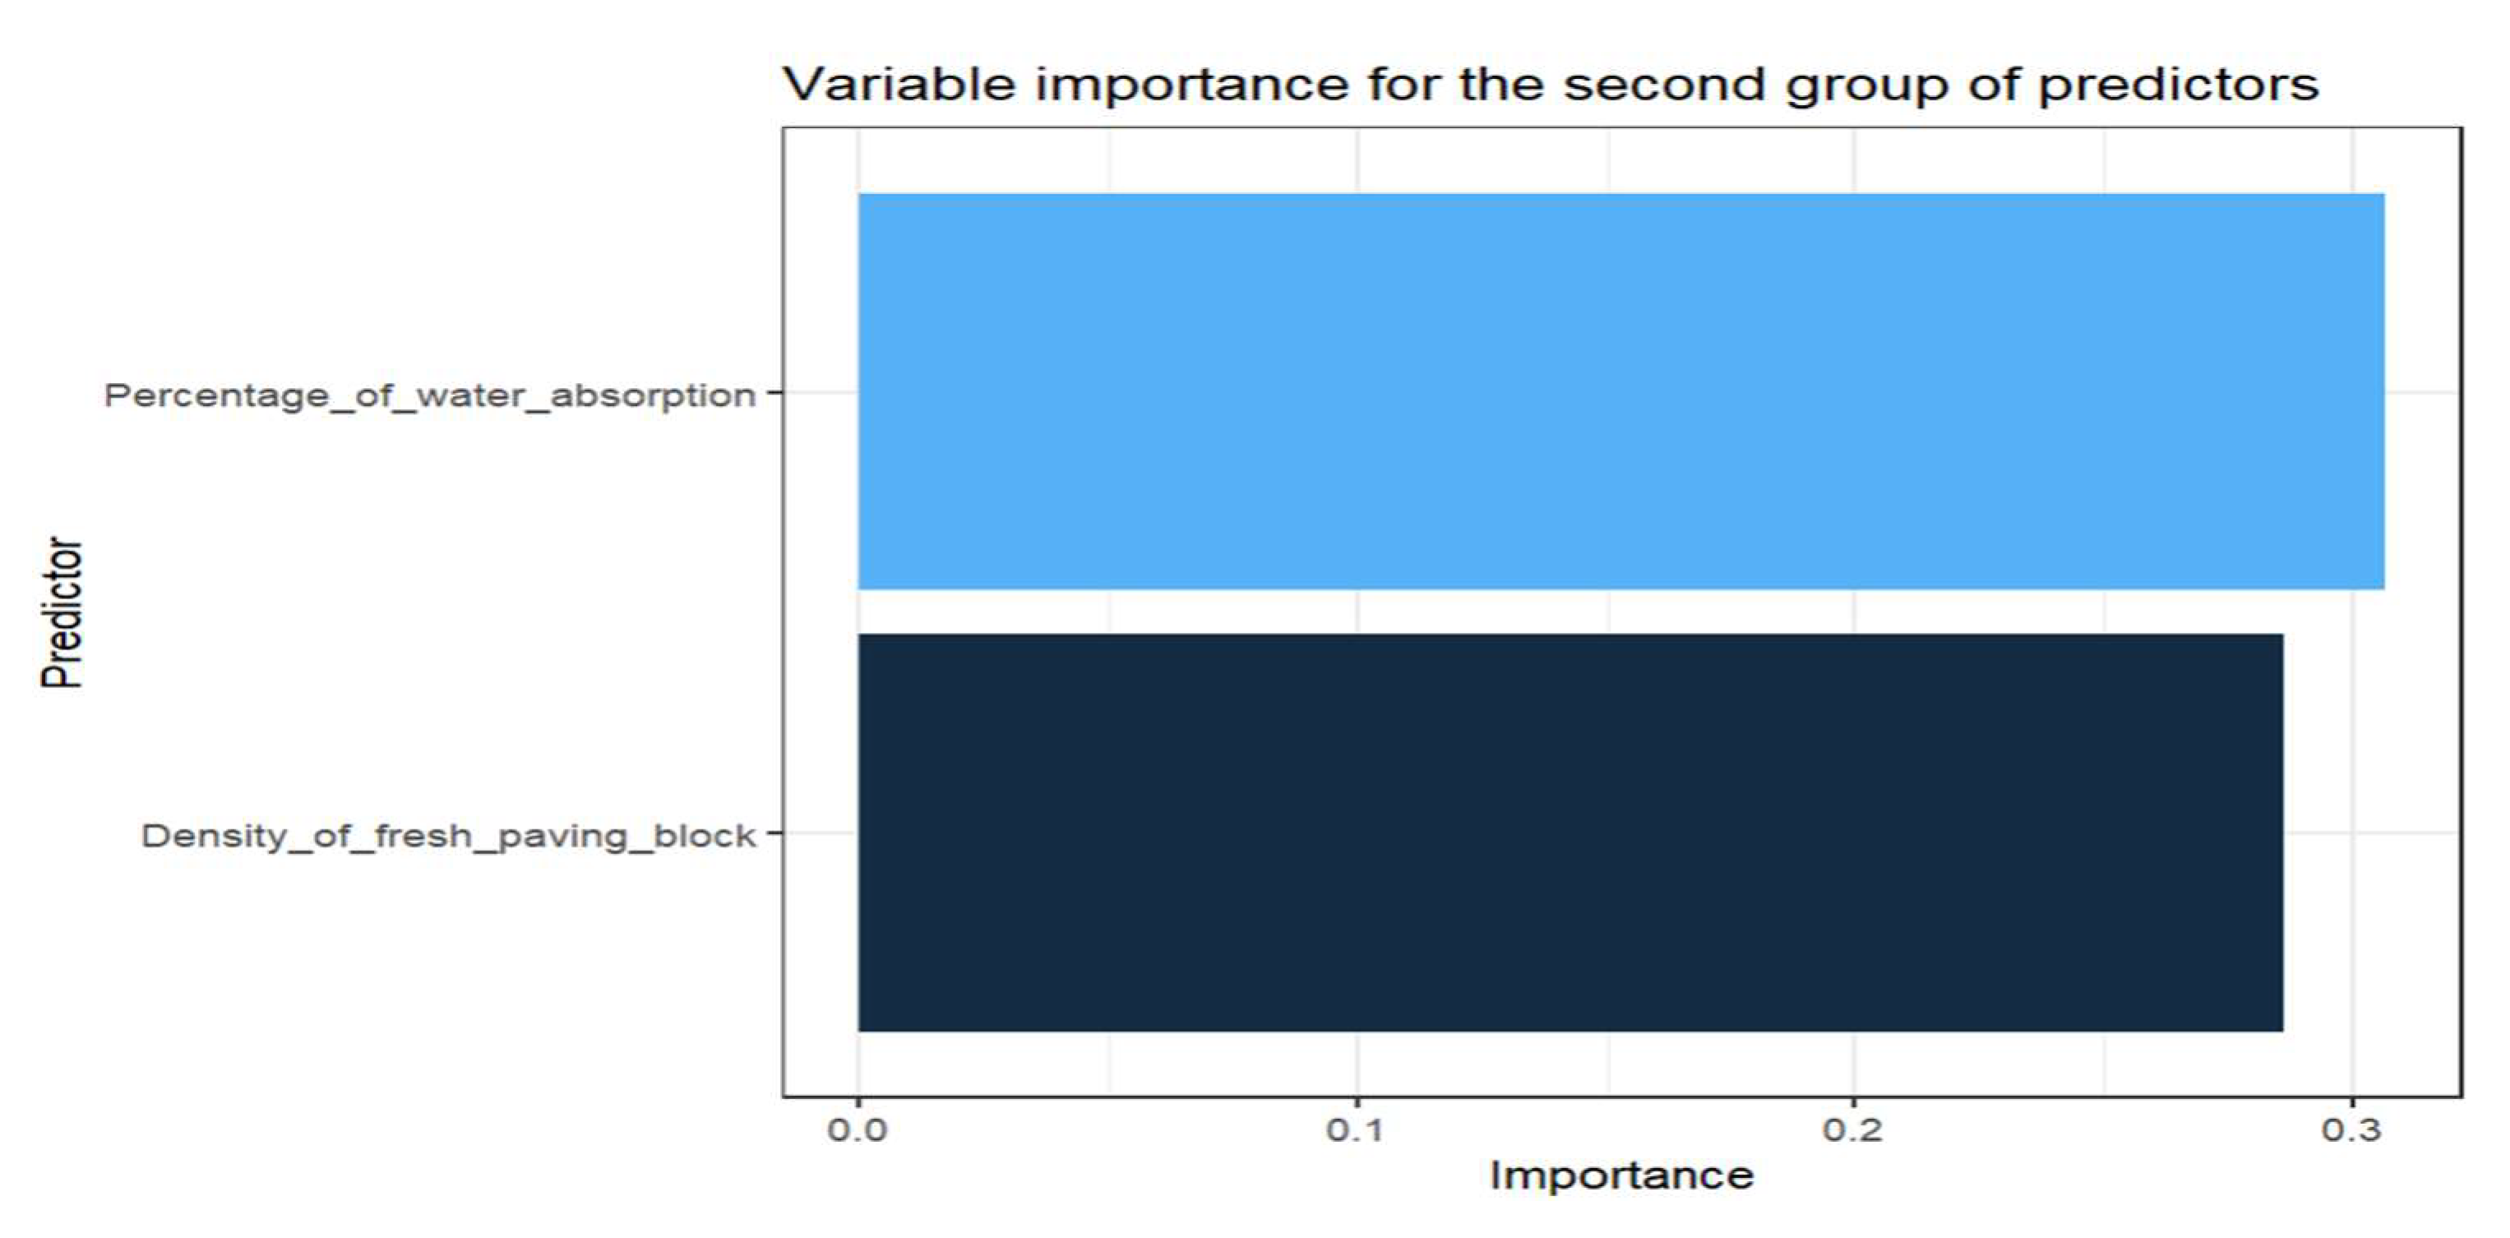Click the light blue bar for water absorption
1620,391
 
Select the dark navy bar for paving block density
1569,833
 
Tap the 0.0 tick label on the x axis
857,1131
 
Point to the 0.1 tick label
1356,1131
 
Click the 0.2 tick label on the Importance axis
1853,1131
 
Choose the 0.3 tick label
2352,1131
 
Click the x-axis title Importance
1621,1176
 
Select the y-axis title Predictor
62,612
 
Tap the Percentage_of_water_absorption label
430,396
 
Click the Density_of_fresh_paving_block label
448,837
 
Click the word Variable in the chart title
900,85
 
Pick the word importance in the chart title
1191,85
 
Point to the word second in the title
1664,85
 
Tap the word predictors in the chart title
2178,85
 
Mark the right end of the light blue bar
2384,391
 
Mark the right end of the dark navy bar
2283,833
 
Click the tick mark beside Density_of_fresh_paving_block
774,833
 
